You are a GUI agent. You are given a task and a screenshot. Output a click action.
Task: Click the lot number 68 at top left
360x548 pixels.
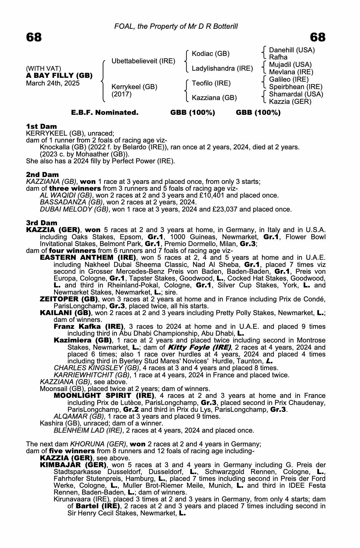coord(34,37)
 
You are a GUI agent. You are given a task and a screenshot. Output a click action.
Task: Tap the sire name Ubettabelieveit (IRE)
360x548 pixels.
coord(143,61)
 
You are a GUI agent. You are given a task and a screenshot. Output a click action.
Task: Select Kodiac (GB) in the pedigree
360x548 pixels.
coord(211,54)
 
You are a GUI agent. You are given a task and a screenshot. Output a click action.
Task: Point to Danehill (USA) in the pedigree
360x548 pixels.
coord(292,50)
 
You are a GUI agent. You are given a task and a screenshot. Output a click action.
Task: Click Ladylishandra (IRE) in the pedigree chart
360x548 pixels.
coord(222,68)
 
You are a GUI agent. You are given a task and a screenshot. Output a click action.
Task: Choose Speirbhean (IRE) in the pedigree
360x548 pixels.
coord(296,87)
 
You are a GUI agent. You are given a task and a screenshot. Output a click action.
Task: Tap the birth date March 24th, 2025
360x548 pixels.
coord(53,83)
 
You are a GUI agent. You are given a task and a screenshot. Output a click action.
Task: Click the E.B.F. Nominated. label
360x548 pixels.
coord(105,113)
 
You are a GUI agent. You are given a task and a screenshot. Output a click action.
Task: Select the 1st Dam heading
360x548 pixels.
coord(42,126)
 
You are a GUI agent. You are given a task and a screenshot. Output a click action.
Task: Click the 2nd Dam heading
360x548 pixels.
coord(42,175)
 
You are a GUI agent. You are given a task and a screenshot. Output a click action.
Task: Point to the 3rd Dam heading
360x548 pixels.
coord(42,223)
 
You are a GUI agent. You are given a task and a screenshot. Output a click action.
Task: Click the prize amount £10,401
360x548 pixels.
coord(218,195)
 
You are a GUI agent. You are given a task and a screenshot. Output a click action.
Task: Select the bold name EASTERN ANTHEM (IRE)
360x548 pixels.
coord(88,258)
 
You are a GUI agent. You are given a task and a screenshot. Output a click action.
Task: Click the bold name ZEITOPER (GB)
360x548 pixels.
coord(69,299)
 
